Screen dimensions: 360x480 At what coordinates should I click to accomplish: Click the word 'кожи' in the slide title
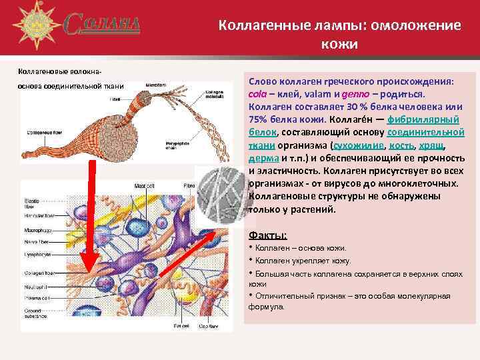(339, 44)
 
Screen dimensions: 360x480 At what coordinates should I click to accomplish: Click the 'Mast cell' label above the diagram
(143, 185)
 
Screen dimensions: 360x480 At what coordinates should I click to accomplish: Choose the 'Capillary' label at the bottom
(211, 326)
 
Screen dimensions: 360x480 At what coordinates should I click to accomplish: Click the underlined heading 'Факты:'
(267, 235)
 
